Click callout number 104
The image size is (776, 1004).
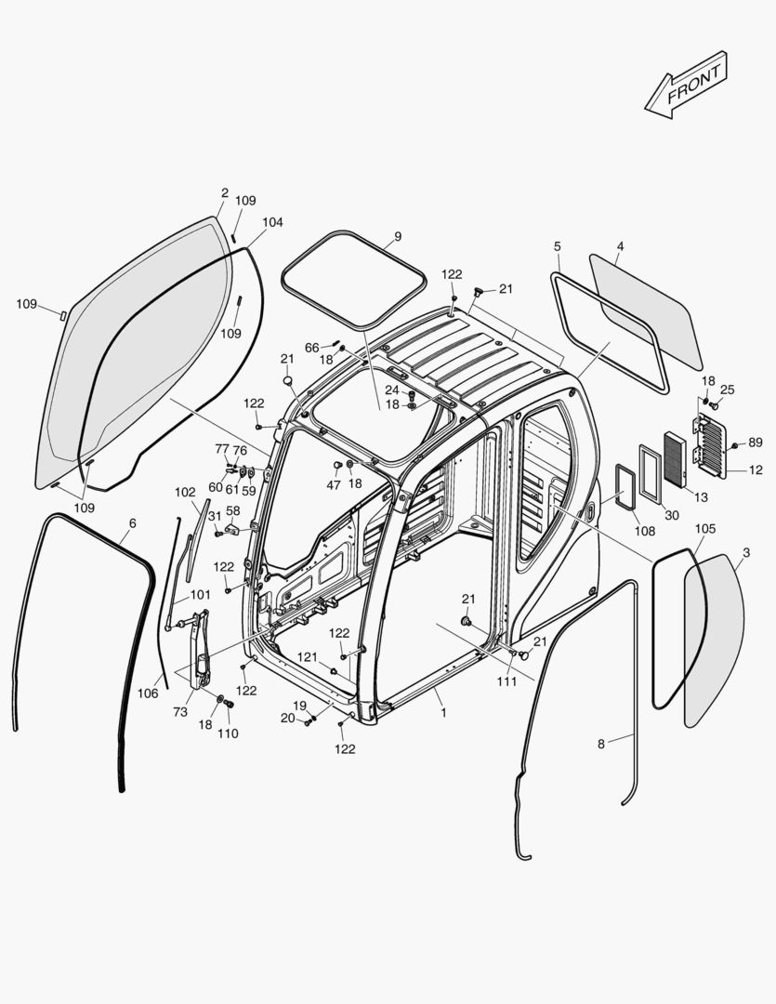pyautogui.click(x=272, y=223)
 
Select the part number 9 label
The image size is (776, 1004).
pyautogui.click(x=398, y=237)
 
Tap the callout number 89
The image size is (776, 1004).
pyautogui.click(x=755, y=443)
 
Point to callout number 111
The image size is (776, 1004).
pyautogui.click(x=506, y=682)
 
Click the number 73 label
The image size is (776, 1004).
pyautogui.click(x=180, y=712)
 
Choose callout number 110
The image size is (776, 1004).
pyautogui.click(x=228, y=733)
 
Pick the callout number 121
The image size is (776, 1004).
pyautogui.click(x=308, y=657)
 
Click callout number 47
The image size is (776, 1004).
pyautogui.click(x=333, y=485)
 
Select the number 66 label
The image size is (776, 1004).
pyautogui.click(x=311, y=348)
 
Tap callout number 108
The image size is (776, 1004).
pyautogui.click(x=644, y=531)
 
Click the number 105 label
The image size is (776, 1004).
pyautogui.click(x=705, y=528)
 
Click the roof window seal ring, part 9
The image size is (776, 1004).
pyautogui.click(x=353, y=278)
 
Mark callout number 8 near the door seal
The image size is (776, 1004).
pyautogui.click(x=601, y=743)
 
